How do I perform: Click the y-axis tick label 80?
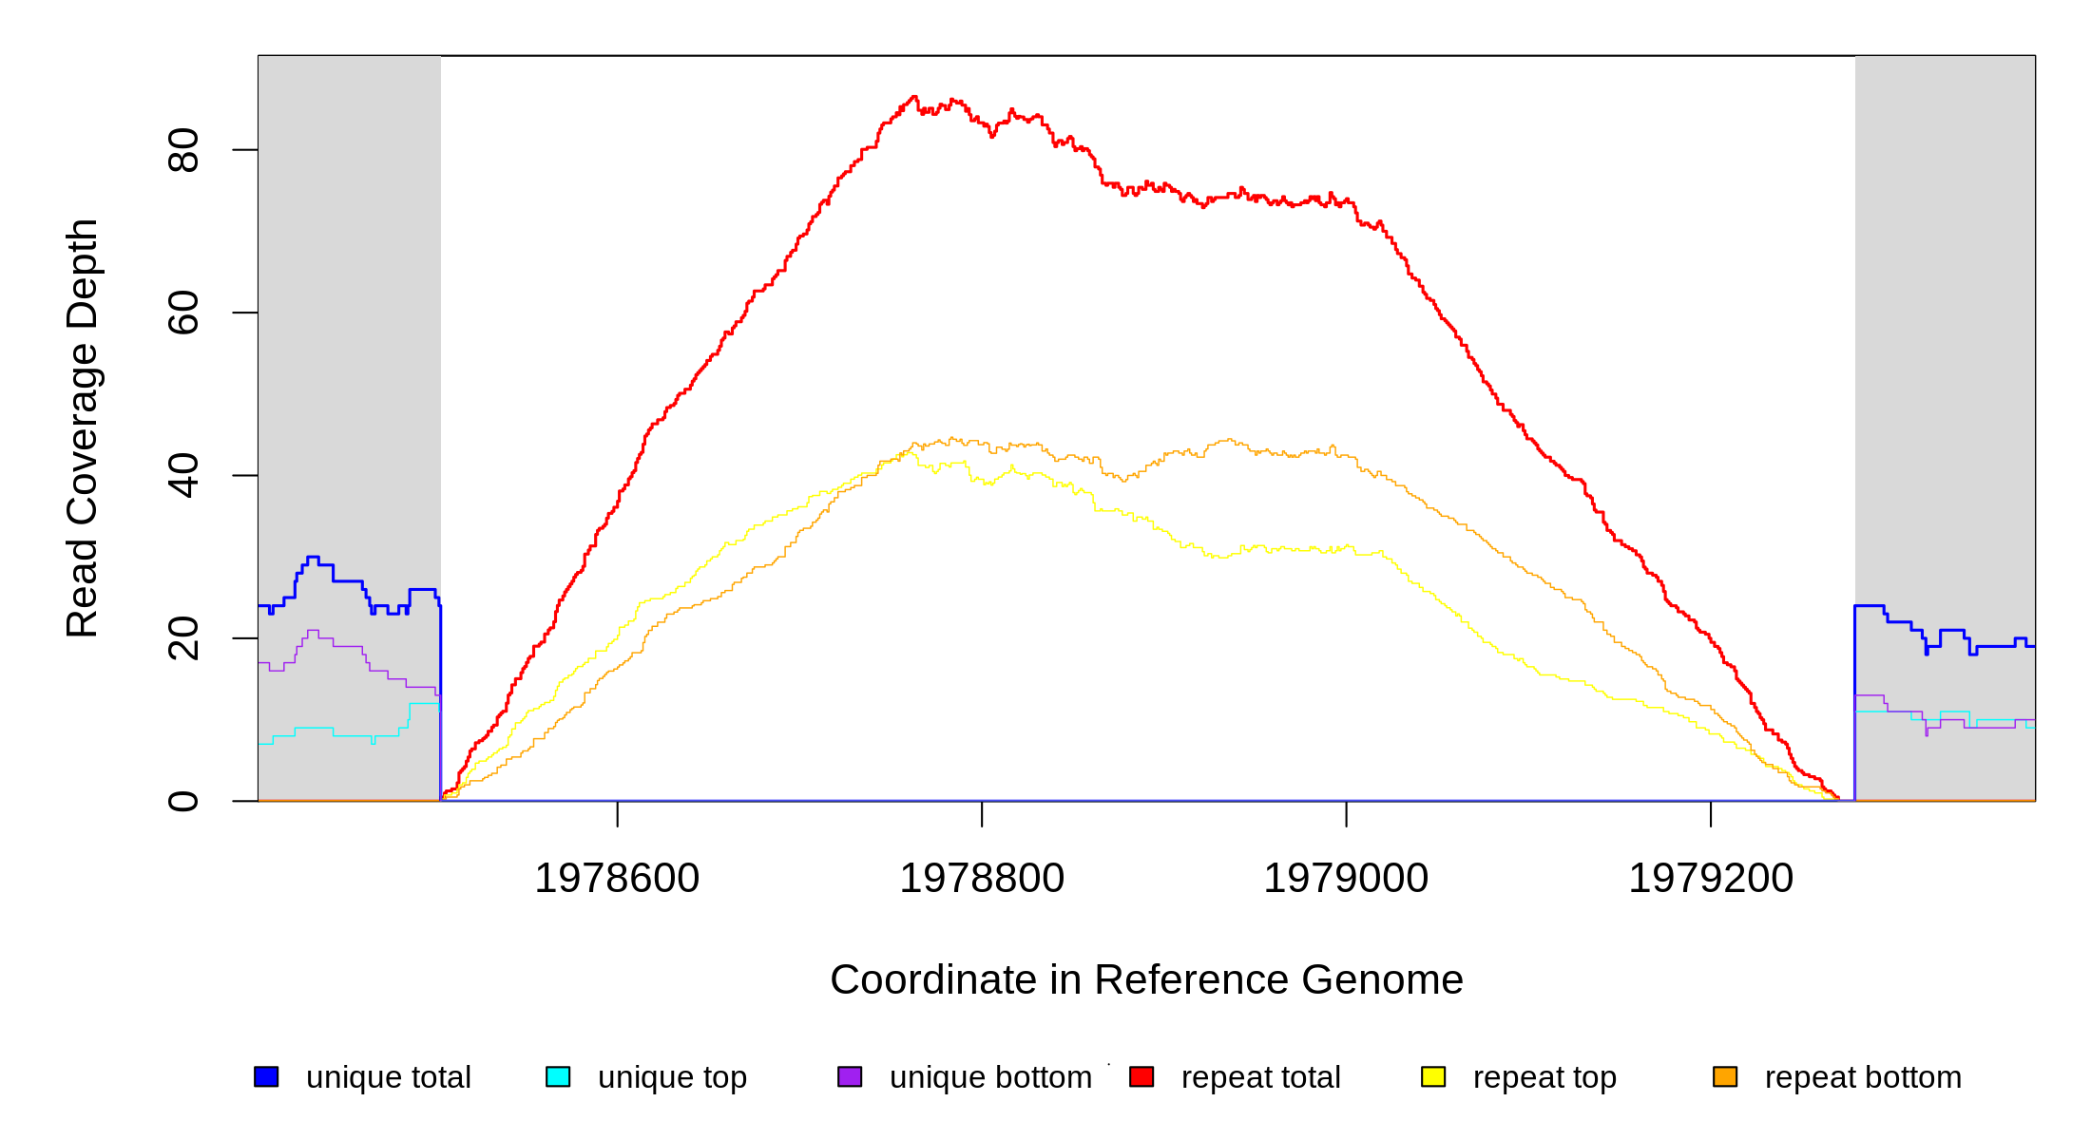[x=182, y=150]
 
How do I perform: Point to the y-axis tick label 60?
[x=182, y=313]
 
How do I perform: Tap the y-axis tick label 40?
[x=182, y=475]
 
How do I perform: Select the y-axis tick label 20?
[x=182, y=638]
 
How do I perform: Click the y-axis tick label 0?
[x=182, y=801]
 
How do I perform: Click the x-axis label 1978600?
[x=617, y=878]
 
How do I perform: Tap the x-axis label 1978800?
[x=982, y=878]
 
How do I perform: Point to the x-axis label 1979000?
[x=1346, y=878]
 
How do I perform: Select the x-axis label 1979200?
[x=1711, y=878]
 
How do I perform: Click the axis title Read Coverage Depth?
[x=83, y=427]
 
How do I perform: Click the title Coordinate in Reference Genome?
[x=1146, y=979]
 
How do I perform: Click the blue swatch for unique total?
[x=266, y=1076]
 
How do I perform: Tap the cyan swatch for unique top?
[x=558, y=1076]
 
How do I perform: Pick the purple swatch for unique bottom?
[x=850, y=1076]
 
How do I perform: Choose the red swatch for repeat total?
[x=1141, y=1076]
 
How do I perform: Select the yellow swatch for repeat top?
[x=1433, y=1076]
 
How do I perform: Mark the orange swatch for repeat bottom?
[x=1725, y=1076]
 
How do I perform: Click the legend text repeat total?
[x=1260, y=1077]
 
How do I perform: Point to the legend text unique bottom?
[x=990, y=1077]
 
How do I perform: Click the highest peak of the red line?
[x=914, y=97]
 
